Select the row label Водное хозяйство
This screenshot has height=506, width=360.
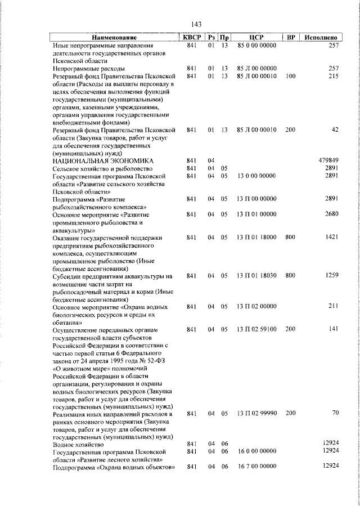point(79,444)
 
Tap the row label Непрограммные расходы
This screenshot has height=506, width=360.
point(84,68)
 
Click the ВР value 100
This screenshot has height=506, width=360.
point(290,75)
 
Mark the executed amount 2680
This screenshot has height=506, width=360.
point(330,214)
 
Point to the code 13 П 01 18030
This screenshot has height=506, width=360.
point(256,276)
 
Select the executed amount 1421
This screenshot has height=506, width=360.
point(331,238)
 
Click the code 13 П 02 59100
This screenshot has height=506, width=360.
point(256,329)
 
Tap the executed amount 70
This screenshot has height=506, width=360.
point(335,413)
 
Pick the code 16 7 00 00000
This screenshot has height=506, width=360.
point(256,467)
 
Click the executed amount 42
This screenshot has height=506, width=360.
point(335,129)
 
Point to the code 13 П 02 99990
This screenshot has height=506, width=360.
point(256,414)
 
